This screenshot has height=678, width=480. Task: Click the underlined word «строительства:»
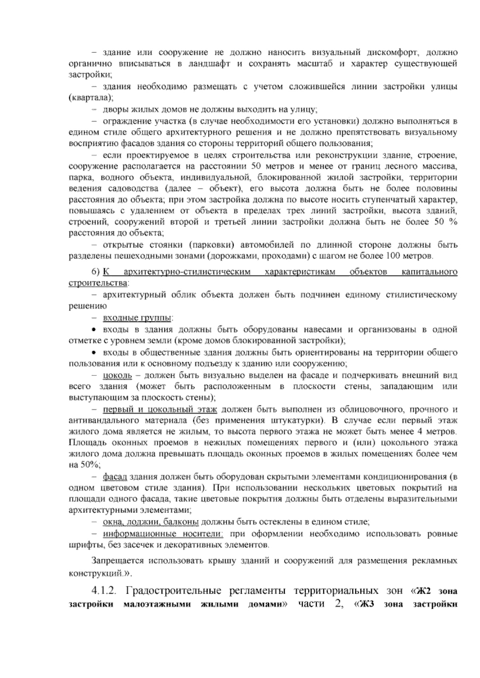(99, 283)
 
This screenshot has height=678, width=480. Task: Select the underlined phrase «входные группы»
(138, 318)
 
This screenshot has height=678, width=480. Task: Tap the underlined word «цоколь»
(117, 376)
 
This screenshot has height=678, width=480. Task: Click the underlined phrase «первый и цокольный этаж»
(160, 409)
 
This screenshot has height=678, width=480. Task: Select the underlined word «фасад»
(115, 477)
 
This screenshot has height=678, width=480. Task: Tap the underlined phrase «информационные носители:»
(163, 534)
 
